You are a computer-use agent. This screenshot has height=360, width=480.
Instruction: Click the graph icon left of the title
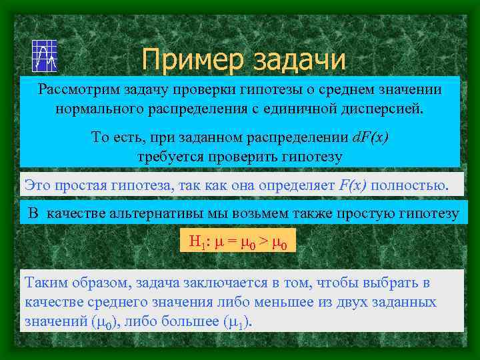tap(45, 55)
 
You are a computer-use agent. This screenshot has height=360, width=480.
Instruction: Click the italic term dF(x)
tap(369, 138)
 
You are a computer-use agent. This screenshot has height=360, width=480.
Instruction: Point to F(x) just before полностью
tap(353, 185)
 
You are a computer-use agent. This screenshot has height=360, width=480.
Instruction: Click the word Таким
tap(44, 283)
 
